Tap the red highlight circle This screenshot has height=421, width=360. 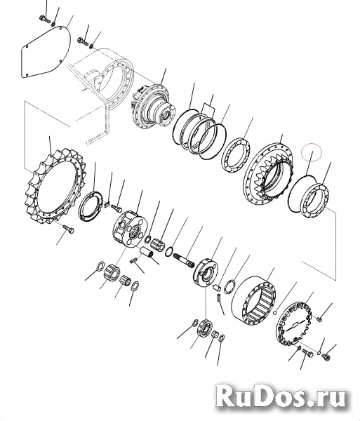click(x=312, y=153)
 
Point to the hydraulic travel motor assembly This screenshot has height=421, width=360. click(x=154, y=107)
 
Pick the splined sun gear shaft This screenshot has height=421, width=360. click(x=184, y=259)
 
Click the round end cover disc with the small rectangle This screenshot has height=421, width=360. click(x=293, y=326)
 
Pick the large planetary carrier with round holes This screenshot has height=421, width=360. click(x=130, y=229)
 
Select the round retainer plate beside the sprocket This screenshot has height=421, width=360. click(x=91, y=206)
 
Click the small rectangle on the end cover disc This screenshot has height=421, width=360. click(x=295, y=325)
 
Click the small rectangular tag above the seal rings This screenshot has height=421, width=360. click(x=209, y=109)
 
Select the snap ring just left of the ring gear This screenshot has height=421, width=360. click(x=230, y=288)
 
